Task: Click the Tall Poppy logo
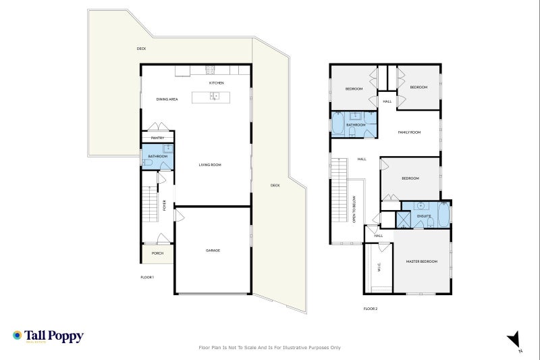[x=48, y=336]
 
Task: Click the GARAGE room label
[x=213, y=251]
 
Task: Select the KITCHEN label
[x=216, y=83]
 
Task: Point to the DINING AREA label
[x=167, y=99]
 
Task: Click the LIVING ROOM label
[x=210, y=165]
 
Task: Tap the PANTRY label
[x=157, y=138]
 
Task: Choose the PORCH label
[x=157, y=253]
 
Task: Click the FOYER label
[x=165, y=205]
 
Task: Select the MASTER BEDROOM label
[x=421, y=261]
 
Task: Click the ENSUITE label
[x=424, y=216]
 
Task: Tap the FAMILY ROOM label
[x=409, y=132]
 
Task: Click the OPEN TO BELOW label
[x=354, y=209]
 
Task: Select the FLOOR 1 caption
[x=147, y=278]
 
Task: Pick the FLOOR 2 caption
[x=370, y=309]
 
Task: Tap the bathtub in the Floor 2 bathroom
[x=337, y=124]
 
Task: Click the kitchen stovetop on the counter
[x=210, y=69]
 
